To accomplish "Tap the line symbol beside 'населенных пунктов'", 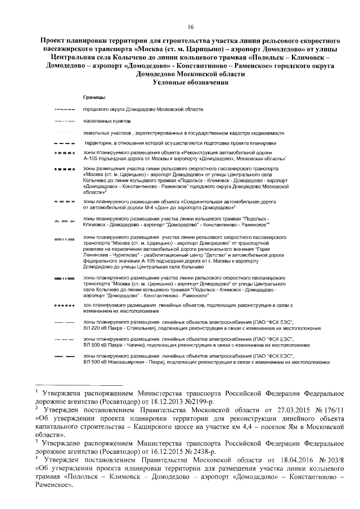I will pos(64,121).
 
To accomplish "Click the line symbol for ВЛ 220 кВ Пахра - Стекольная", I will pos(64,322).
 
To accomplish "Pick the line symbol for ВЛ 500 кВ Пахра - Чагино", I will pos(64,340).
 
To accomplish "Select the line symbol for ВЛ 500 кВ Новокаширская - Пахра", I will pos(64,358).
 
